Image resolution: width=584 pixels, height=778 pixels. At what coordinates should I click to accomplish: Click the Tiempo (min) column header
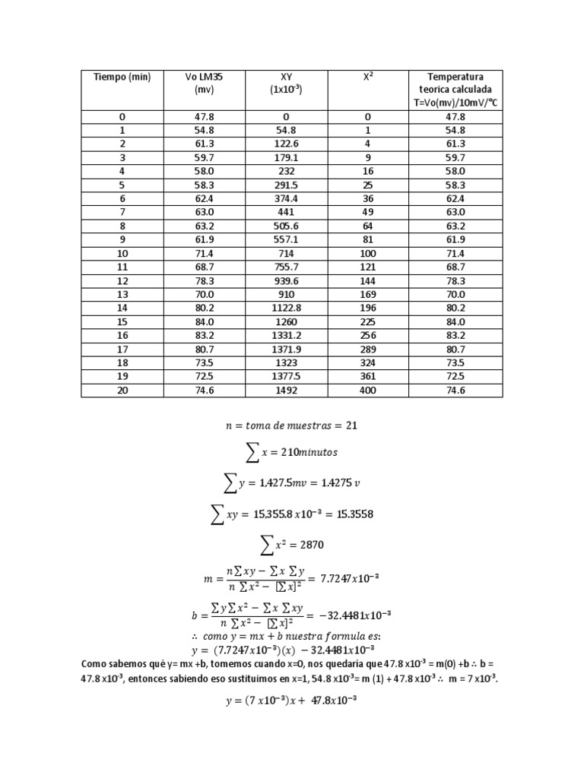point(122,77)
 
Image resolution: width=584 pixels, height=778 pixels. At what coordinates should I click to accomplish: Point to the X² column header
point(367,77)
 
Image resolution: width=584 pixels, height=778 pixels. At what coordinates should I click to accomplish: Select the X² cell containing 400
point(367,391)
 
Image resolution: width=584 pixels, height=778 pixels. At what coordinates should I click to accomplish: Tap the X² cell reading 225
point(367,322)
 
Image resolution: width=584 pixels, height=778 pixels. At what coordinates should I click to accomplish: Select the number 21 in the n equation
point(351,425)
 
